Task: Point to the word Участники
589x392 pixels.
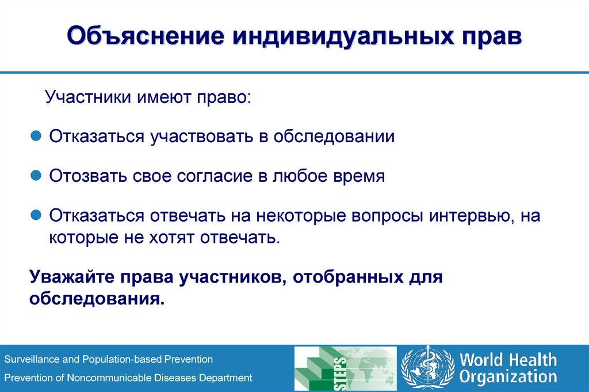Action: coord(88,97)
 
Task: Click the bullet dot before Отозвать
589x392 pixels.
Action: coord(36,175)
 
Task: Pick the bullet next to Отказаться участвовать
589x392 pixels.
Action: coord(36,135)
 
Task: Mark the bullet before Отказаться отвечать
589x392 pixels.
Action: coord(36,215)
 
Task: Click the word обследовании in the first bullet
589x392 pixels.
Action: coord(334,136)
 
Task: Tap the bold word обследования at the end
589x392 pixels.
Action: coord(97,299)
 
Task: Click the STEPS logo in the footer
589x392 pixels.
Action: coord(345,369)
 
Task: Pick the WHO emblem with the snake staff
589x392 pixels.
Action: coord(427,368)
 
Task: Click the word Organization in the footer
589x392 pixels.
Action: coord(508,377)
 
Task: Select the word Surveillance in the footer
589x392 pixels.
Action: coord(32,359)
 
